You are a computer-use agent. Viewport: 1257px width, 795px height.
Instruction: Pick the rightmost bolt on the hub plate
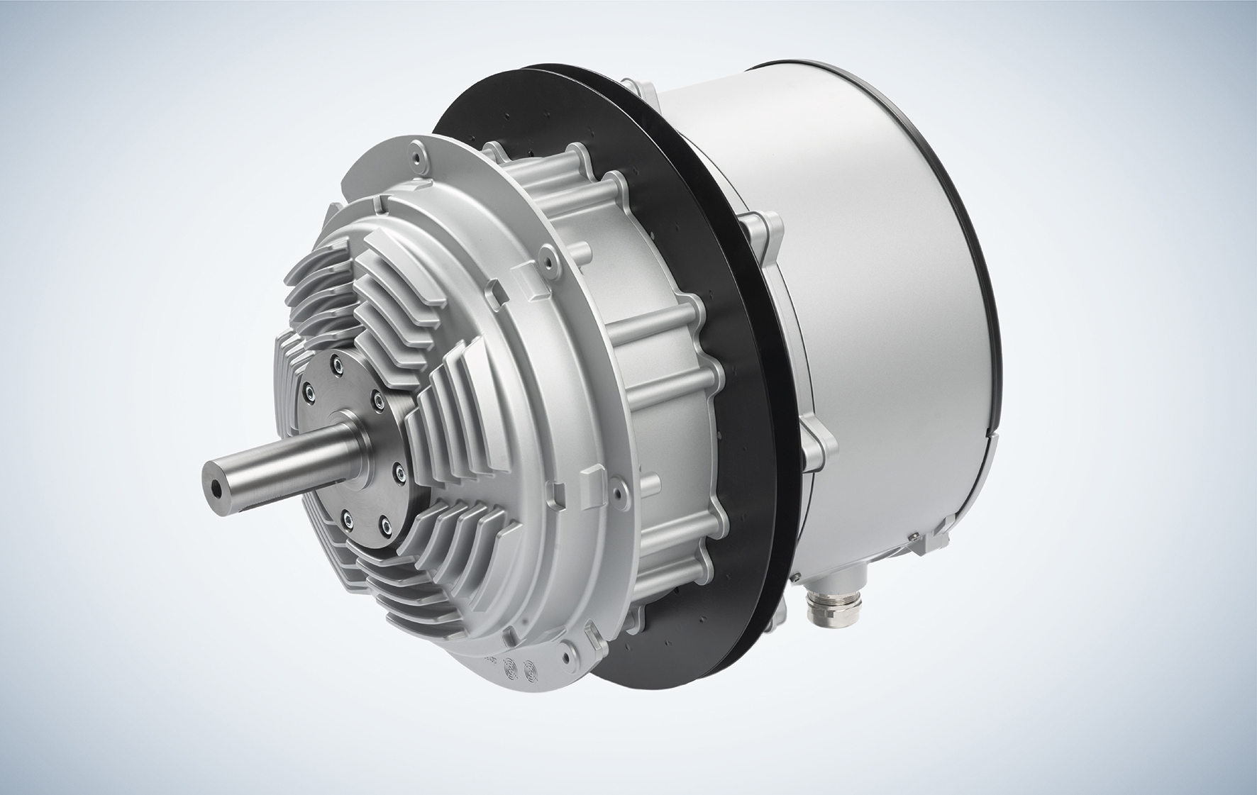[x=398, y=469]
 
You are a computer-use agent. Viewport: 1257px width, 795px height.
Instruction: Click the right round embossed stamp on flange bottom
[x=528, y=670]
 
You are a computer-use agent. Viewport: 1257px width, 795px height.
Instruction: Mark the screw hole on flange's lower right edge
[x=618, y=489]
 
